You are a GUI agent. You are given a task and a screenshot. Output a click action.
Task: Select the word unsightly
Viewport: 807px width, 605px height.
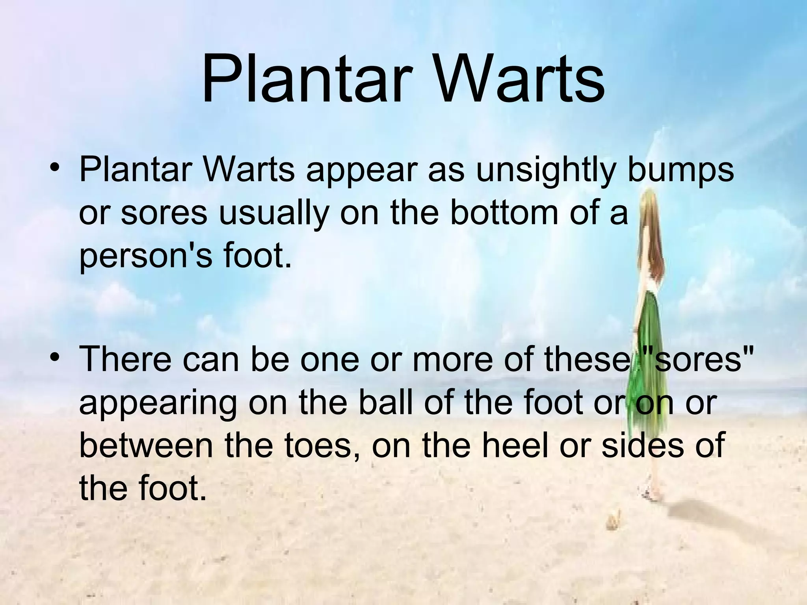[x=546, y=172]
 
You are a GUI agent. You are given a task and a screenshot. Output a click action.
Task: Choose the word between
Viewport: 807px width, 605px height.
[x=146, y=445]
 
